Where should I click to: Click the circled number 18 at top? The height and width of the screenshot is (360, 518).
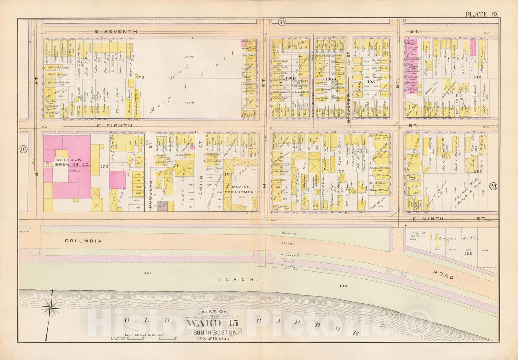coord(282,22)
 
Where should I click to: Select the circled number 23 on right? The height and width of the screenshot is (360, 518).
coord(493,186)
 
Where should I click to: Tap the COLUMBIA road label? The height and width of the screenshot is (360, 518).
coord(83,241)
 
